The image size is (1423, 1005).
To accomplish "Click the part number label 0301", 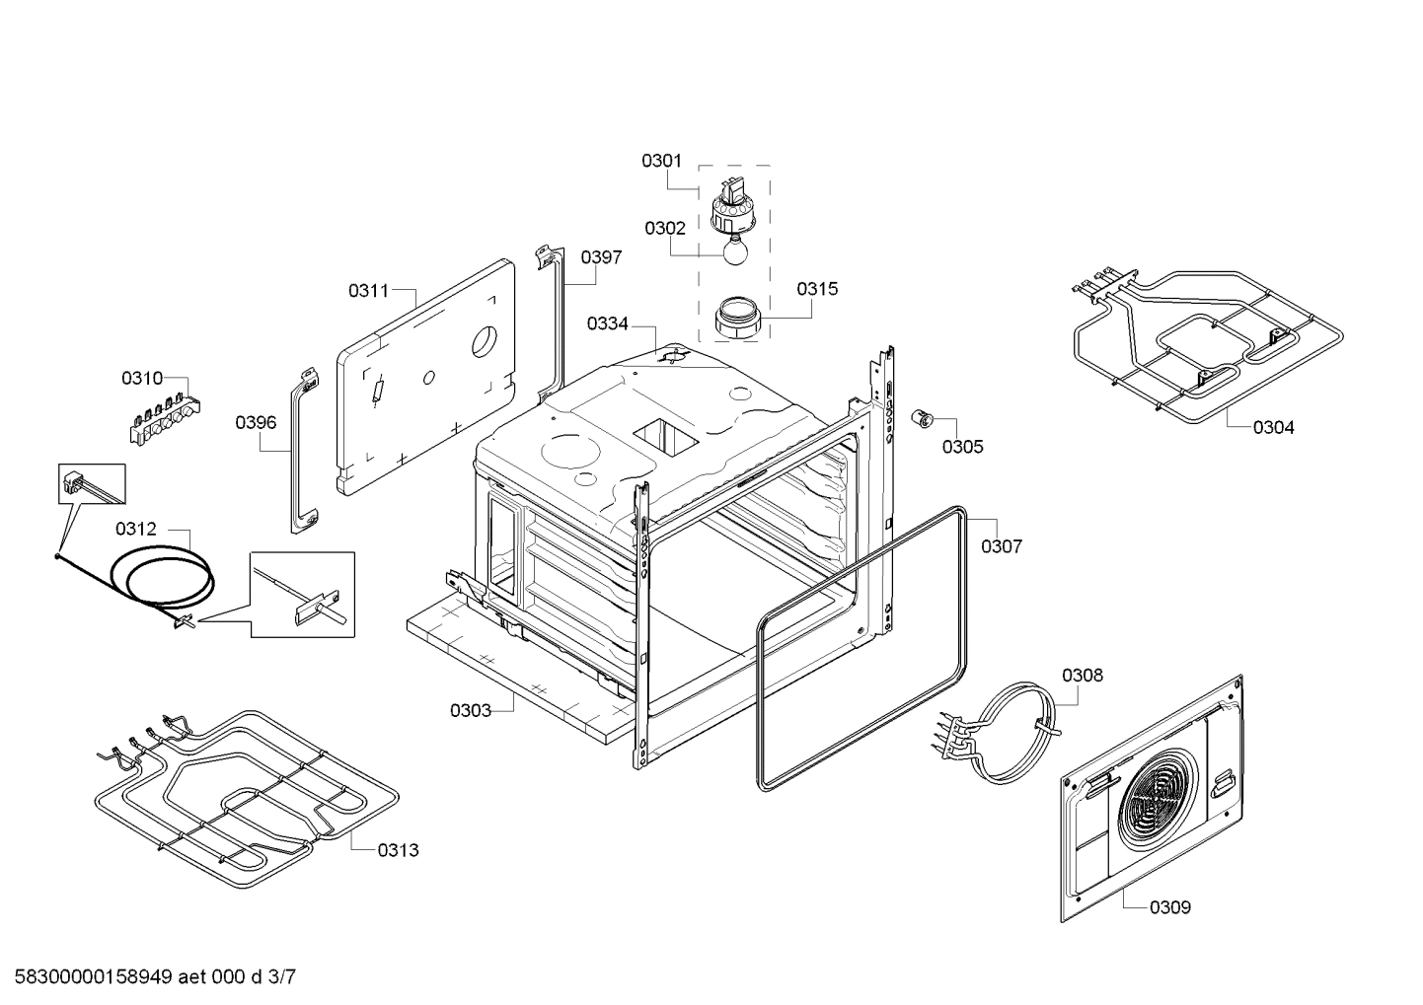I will (661, 160).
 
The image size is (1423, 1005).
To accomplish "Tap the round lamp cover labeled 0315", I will (736, 318).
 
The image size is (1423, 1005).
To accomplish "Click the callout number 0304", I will (1273, 427).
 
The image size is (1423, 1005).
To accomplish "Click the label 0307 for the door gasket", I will (1001, 546).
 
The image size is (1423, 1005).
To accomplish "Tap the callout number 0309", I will (1169, 907).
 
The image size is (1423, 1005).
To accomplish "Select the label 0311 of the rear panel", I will (368, 291).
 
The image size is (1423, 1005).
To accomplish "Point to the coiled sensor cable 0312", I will (162, 577).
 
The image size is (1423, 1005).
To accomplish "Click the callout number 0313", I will (398, 850).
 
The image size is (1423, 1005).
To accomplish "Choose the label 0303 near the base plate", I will (470, 710).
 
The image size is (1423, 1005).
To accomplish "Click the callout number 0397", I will (601, 257).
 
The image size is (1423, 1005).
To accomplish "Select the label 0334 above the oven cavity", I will (607, 323).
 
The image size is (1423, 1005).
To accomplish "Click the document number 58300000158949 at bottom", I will (88, 977).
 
